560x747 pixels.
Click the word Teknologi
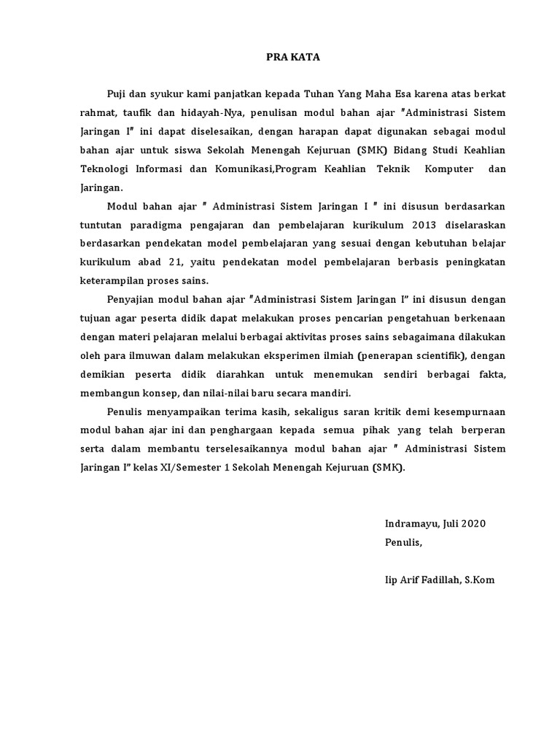pos(108,169)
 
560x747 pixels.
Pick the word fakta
pos(490,374)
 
